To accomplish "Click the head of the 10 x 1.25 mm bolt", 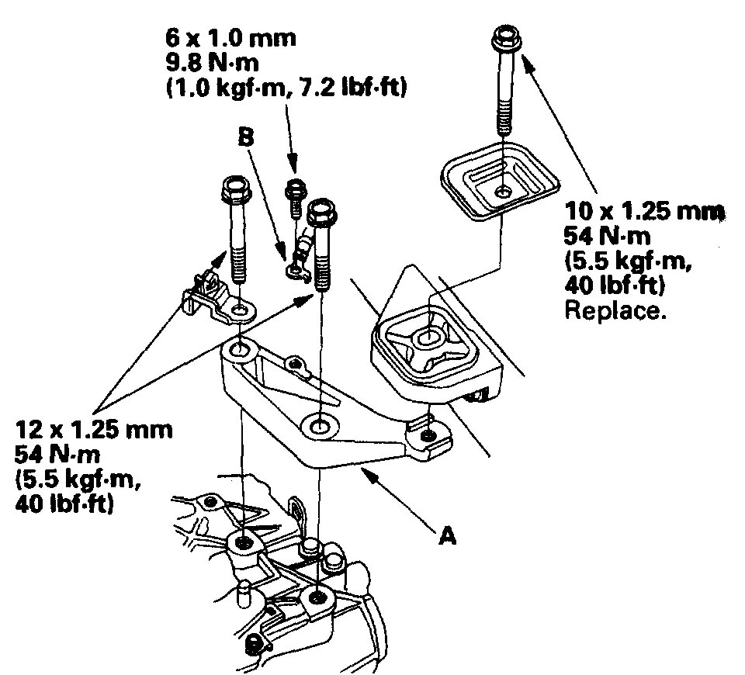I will [506, 36].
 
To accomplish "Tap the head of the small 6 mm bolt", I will [296, 189].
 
